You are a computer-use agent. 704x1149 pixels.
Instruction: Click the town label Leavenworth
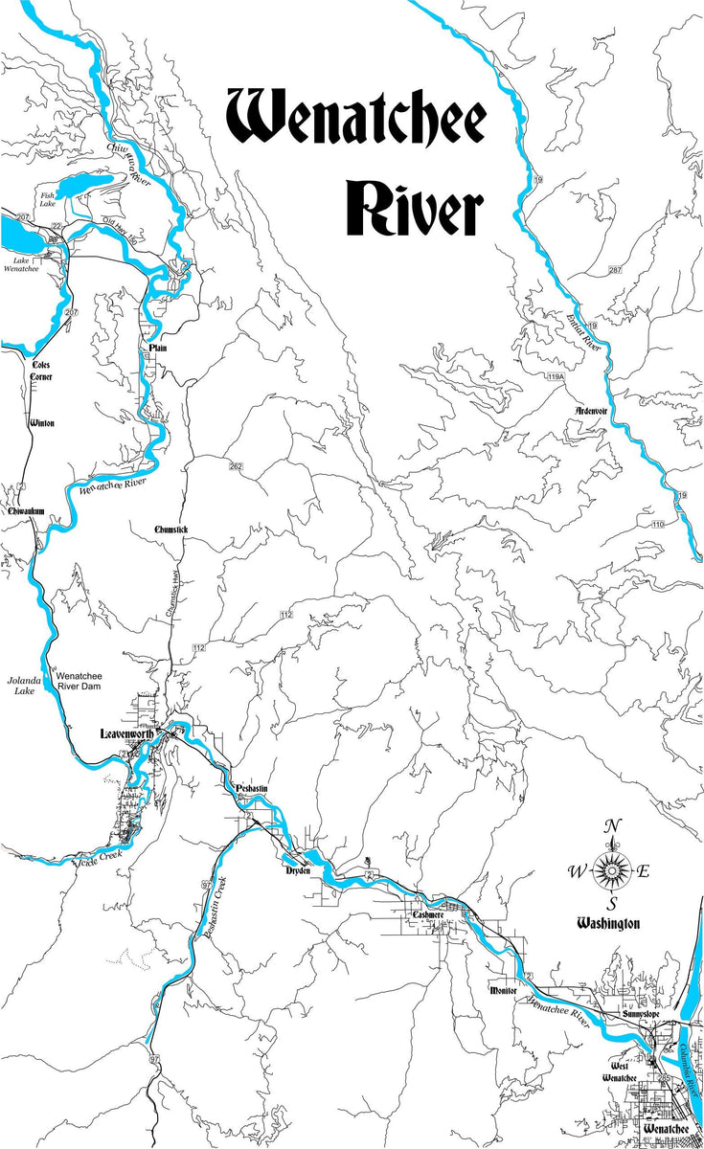click(x=129, y=734)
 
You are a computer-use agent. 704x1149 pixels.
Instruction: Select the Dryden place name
click(x=299, y=871)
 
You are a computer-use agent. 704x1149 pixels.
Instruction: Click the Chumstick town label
click(x=172, y=529)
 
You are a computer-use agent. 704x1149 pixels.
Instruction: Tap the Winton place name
click(x=42, y=422)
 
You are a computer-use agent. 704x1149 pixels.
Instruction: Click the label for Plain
click(x=157, y=348)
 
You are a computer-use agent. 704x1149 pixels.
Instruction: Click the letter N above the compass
click(x=612, y=828)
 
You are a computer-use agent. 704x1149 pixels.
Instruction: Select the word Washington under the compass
click(x=607, y=924)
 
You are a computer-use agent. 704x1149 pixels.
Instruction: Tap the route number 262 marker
click(x=236, y=466)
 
